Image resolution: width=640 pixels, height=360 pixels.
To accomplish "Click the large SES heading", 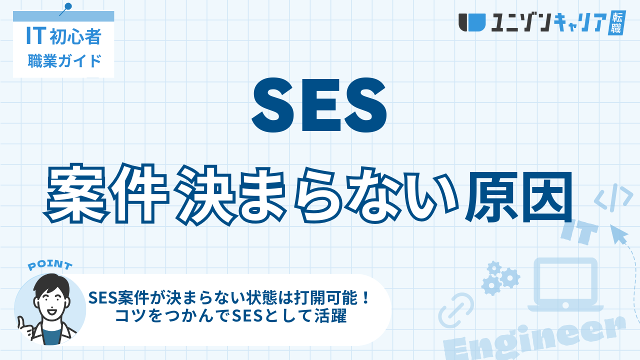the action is (319, 105).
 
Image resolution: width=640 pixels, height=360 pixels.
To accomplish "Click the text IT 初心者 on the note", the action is (63, 36).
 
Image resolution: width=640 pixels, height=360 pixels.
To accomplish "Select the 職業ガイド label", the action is (64, 61).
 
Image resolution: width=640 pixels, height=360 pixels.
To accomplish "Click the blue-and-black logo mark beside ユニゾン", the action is (472, 22).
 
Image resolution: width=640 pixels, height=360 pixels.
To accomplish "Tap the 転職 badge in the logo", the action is (616, 23).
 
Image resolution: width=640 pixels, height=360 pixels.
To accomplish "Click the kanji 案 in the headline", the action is (77, 194).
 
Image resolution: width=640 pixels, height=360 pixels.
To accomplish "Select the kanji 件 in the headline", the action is (140, 194).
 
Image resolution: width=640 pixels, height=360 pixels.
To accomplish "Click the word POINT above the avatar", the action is (50, 265).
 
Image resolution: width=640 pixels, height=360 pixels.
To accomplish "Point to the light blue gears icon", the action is (500, 277).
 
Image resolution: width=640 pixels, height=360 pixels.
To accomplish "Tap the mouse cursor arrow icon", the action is (619, 234).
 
